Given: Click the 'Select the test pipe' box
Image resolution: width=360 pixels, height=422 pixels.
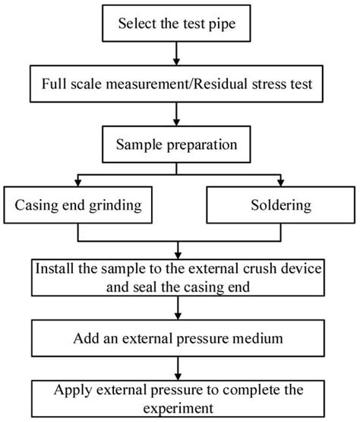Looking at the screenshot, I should point(176,24).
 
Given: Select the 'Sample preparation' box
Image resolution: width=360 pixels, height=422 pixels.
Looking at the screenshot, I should point(176,144).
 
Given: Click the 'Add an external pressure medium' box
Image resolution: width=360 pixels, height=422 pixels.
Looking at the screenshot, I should point(176,335).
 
